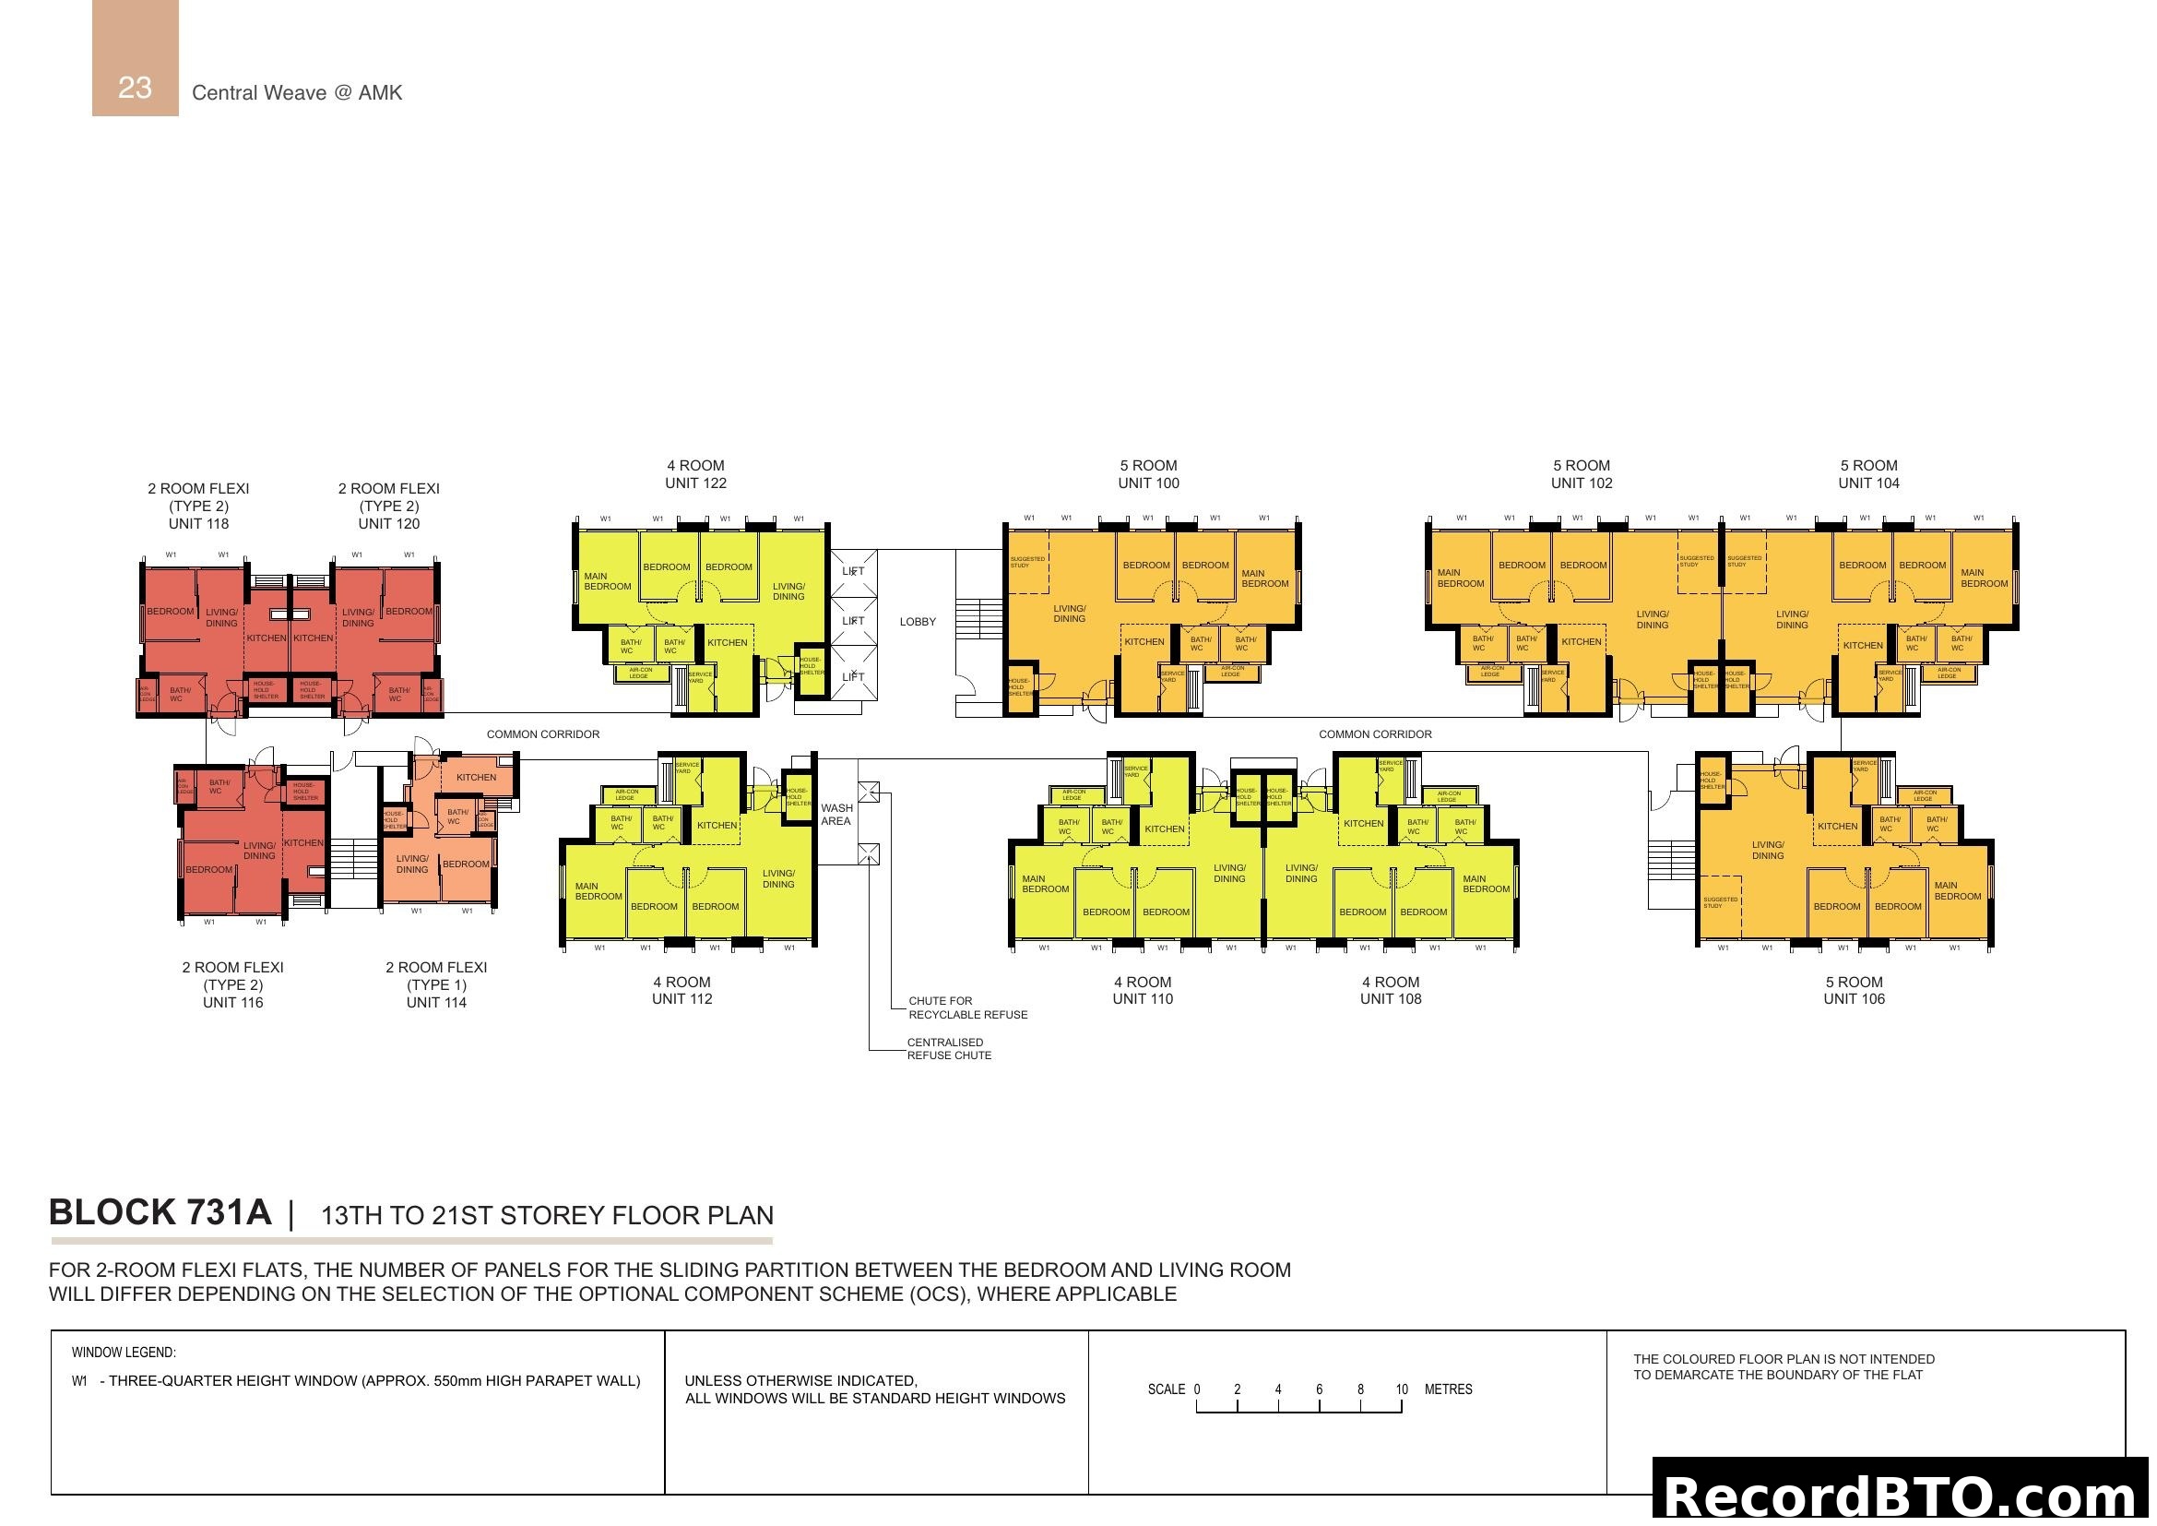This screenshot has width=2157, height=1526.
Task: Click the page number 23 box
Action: (x=136, y=58)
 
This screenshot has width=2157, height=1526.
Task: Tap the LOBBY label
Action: (x=917, y=622)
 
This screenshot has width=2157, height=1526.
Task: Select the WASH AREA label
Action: (x=836, y=815)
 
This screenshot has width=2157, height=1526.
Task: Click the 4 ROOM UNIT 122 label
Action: (x=695, y=474)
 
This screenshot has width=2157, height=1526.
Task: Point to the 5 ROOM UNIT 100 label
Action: (x=1148, y=474)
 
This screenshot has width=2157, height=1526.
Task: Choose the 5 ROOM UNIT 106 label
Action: (x=1854, y=990)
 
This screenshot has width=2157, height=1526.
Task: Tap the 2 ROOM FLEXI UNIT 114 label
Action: (x=436, y=984)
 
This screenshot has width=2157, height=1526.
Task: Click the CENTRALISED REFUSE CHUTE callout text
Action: (x=949, y=1049)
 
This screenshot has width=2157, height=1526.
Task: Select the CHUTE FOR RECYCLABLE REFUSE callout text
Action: (x=967, y=1007)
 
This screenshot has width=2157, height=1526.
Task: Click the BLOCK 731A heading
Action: (x=160, y=1212)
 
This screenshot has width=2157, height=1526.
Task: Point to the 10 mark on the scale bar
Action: (x=1402, y=1389)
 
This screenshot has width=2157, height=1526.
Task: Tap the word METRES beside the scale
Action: (x=1448, y=1389)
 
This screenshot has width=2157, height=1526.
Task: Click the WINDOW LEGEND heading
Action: (x=123, y=1353)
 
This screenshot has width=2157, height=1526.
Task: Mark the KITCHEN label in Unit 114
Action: (x=476, y=777)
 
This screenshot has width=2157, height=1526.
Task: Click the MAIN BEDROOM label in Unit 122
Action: (x=607, y=581)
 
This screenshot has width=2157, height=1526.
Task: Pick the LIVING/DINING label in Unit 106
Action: (x=1767, y=851)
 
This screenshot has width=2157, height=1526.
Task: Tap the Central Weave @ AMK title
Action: (x=297, y=92)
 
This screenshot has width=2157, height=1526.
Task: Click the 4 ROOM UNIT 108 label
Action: (x=1391, y=990)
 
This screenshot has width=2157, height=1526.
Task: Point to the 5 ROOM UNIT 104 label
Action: (x=1867, y=474)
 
